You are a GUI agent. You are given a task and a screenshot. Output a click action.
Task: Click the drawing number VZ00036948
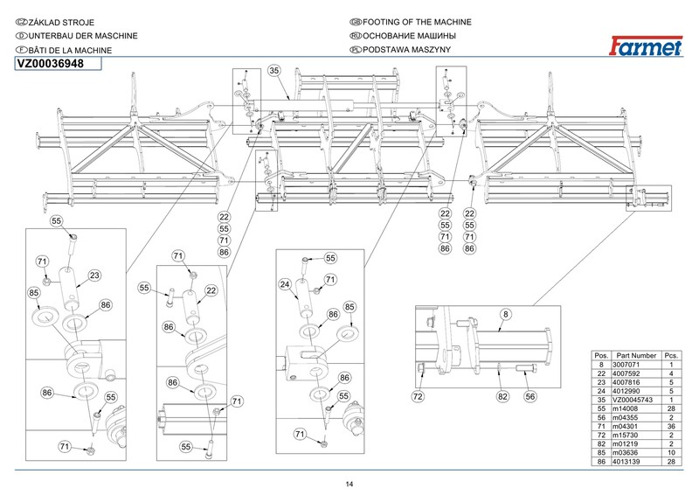[x=51, y=64]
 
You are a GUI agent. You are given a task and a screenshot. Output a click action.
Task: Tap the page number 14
[x=349, y=485]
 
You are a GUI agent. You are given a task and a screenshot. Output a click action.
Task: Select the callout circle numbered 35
[x=273, y=70]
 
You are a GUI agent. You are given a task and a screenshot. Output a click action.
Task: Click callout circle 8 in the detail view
[x=505, y=313]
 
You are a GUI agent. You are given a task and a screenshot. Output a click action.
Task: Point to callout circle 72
[x=419, y=396]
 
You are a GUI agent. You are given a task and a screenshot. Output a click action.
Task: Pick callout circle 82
[x=502, y=396]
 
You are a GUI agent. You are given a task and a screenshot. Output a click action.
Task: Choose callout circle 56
[x=530, y=396]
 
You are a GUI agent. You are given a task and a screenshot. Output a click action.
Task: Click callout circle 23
[x=94, y=275]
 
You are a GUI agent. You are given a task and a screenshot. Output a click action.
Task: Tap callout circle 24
[x=285, y=284]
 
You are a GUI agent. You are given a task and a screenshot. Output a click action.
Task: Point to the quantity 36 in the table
[x=671, y=427]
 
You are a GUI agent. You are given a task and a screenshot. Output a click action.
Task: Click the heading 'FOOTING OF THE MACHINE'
[x=416, y=21]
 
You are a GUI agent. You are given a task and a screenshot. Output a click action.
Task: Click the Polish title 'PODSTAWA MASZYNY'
[x=405, y=51]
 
